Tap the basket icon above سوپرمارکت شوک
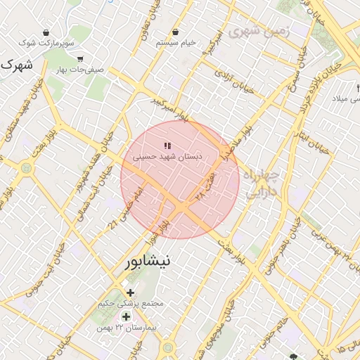coord(46,32)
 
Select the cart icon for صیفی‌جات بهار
coord(81,59)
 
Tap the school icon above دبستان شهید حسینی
coord(167,145)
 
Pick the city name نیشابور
coord(147,262)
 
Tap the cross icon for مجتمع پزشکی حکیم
coord(130,292)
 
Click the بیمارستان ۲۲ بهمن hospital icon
coord(126,316)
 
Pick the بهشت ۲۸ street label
coord(205,185)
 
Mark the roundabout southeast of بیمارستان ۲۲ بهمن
coord(168,347)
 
